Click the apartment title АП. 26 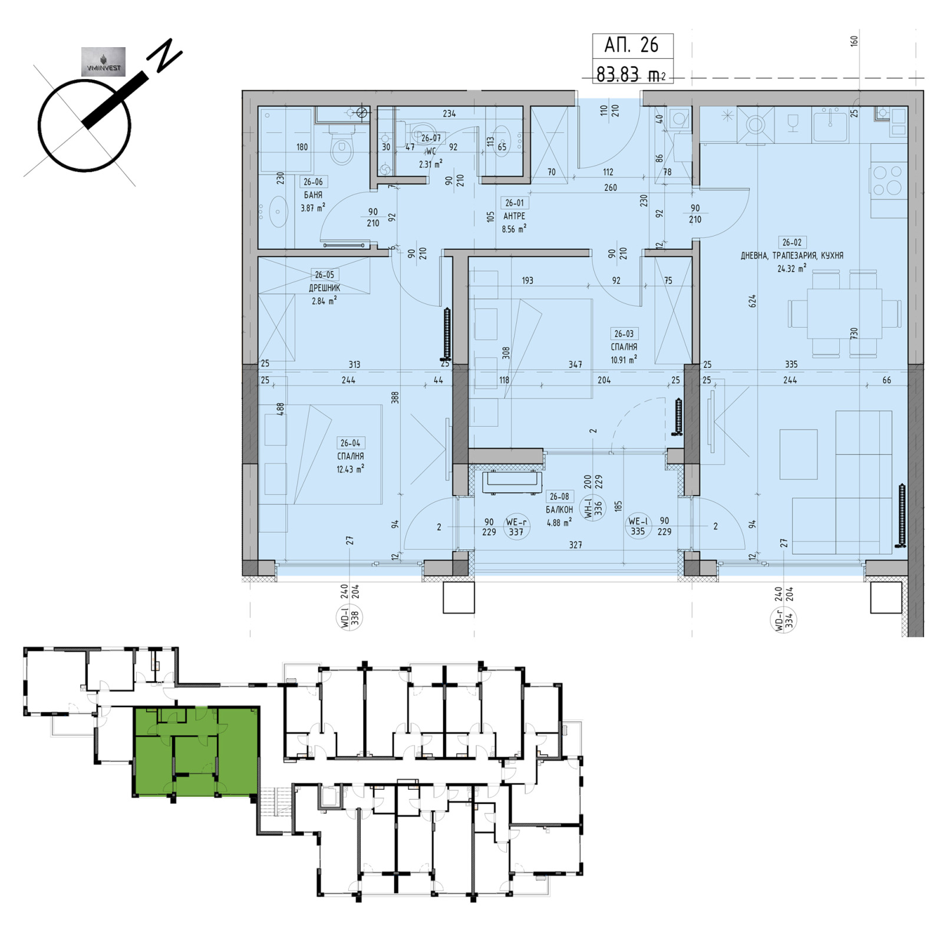pos(631,45)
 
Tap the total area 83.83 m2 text pos(631,75)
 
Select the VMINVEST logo pos(103,62)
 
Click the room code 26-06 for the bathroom pos(313,182)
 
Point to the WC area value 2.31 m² pos(430,164)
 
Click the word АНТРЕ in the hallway pos(514,216)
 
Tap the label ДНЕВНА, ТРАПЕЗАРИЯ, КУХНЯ pos(792,255)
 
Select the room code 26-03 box pos(624,334)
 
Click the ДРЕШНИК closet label pos(324,288)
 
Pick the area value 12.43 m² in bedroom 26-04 pos(350,469)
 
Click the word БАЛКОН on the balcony pos(559,509)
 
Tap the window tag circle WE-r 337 pos(516,527)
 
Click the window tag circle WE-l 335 pos(638,526)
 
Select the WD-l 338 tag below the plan pos(351,616)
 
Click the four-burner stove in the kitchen pos(888,180)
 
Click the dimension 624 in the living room pos(752,301)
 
